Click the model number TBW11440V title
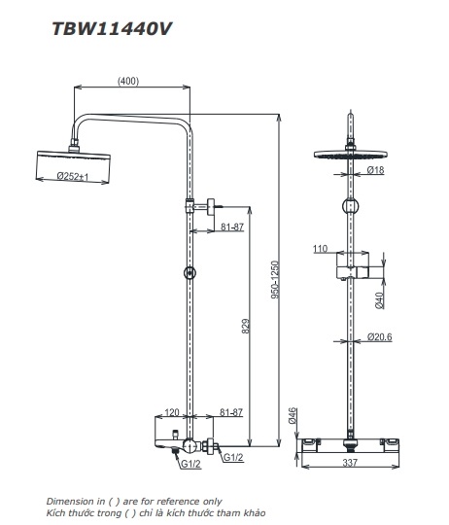tap(112, 29)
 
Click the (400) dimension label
tap(128, 81)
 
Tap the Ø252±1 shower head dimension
tap(72, 176)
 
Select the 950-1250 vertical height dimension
tap(275, 280)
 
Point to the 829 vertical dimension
tap(245, 326)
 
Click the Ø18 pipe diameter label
tap(375, 170)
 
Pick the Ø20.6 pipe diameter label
tap(379, 336)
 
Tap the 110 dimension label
tap(320, 249)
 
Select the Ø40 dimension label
tap(379, 300)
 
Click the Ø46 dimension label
tap(293, 415)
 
